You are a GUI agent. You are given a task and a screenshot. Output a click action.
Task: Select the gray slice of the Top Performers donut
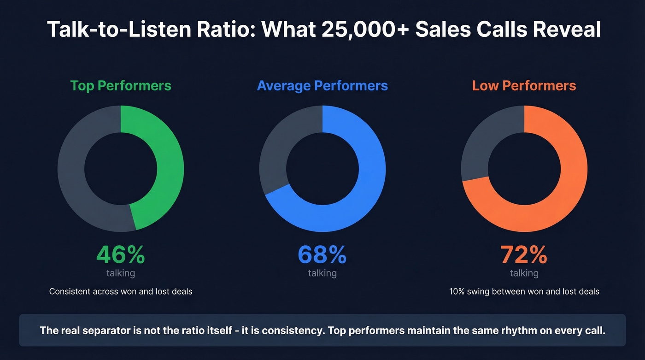click(x=71, y=171)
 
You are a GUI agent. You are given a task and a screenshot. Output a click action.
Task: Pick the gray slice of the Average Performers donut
click(x=276, y=148)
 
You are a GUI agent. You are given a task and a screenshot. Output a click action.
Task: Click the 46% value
click(x=121, y=255)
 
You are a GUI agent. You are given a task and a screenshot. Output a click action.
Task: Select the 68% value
click(x=322, y=255)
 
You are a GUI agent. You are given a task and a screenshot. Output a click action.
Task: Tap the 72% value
click(x=524, y=255)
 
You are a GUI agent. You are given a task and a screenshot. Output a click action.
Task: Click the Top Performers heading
click(x=121, y=86)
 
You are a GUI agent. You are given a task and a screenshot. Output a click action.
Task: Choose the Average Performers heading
click(x=322, y=86)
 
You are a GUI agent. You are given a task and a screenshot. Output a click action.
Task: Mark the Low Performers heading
click(x=524, y=86)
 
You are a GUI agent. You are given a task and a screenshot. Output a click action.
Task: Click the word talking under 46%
click(x=121, y=273)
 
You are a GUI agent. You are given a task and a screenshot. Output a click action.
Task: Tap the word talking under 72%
click(x=524, y=273)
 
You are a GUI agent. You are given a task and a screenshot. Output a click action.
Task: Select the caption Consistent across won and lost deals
click(x=121, y=291)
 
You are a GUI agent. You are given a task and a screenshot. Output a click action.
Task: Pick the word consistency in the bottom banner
click(x=290, y=330)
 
